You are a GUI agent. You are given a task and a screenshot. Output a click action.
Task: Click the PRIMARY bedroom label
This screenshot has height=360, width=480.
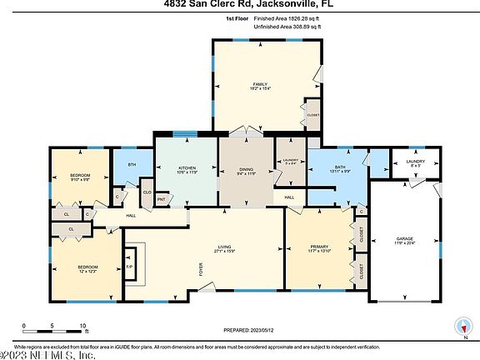(x=319, y=247)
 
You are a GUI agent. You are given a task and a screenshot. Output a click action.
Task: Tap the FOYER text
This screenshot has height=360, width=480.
(x=201, y=270)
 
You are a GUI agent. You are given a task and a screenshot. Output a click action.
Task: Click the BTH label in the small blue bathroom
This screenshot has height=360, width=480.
(x=132, y=164)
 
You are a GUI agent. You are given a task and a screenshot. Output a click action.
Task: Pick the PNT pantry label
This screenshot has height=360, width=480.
(x=161, y=199)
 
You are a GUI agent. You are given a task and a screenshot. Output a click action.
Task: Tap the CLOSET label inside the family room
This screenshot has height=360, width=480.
(x=313, y=115)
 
